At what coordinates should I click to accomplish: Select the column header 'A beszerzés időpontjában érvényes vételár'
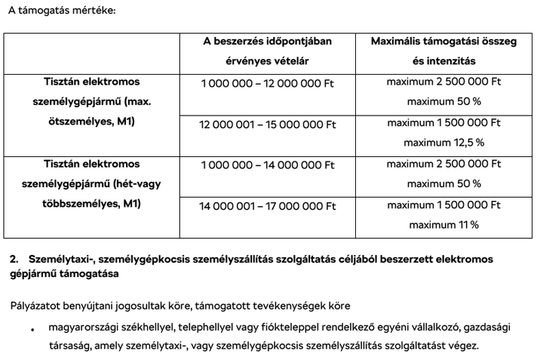(267, 51)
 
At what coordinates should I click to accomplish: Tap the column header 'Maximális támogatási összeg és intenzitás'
(443, 51)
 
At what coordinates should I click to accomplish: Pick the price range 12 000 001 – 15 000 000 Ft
(268, 123)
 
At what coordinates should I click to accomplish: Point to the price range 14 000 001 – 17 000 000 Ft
(268, 205)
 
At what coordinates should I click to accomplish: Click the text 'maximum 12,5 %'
(443, 142)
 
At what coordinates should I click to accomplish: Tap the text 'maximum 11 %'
(443, 224)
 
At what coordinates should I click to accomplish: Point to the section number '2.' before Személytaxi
(14, 260)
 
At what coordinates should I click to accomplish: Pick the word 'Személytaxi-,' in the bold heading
(63, 260)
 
